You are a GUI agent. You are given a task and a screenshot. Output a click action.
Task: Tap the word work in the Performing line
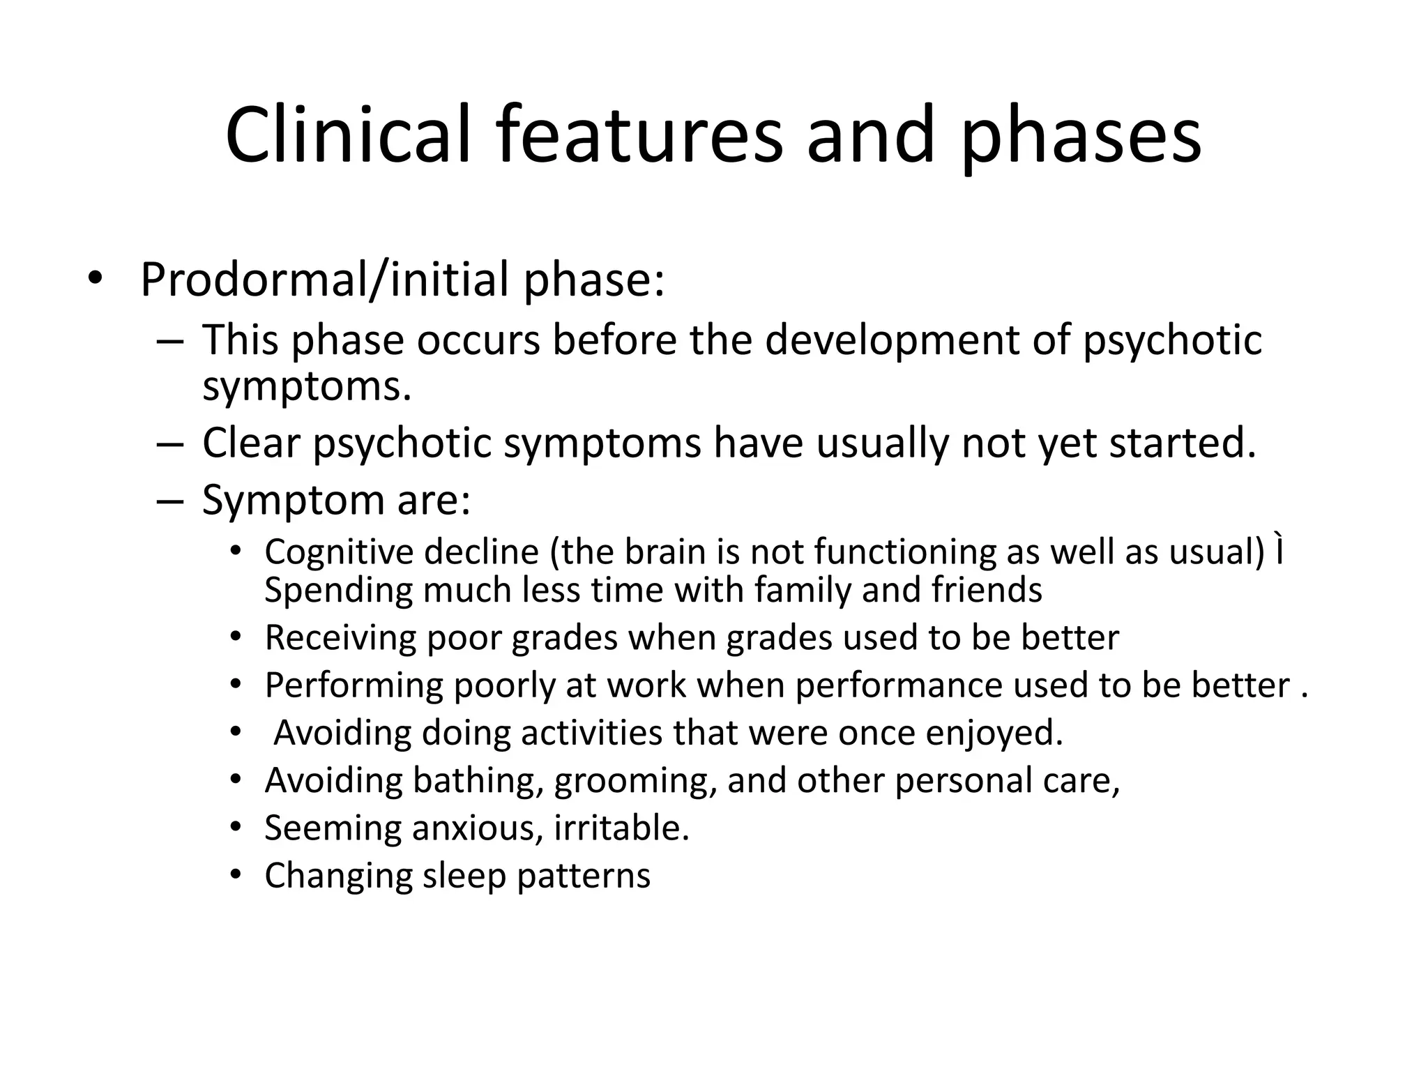point(646,685)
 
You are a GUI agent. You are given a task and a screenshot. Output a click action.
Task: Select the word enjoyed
point(994,733)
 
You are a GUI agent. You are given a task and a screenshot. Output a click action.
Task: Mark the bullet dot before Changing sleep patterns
point(236,875)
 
